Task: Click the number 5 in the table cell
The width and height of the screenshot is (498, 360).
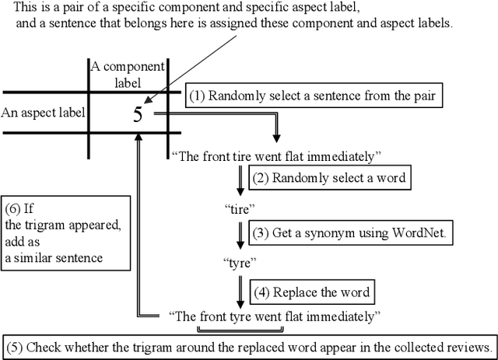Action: tap(138, 114)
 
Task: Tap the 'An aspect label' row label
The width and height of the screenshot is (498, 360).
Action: tap(43, 113)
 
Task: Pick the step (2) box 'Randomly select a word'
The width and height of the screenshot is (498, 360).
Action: tap(327, 177)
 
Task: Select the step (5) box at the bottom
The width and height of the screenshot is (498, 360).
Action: tap(249, 347)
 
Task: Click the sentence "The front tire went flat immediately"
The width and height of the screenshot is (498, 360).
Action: tap(275, 156)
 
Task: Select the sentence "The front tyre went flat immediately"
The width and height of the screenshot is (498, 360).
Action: tap(275, 316)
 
